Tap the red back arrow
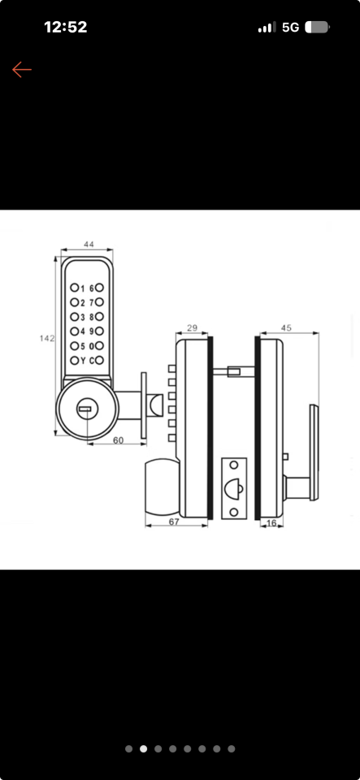pos(22,70)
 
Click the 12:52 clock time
pos(66,27)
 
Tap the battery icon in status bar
pos(317,27)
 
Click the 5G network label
pos(290,28)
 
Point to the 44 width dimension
pos(89,245)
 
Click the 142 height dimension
pos(47,338)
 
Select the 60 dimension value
pos(119,440)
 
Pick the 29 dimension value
pos(192,327)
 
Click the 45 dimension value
pos(286,327)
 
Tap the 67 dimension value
pos(174,522)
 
